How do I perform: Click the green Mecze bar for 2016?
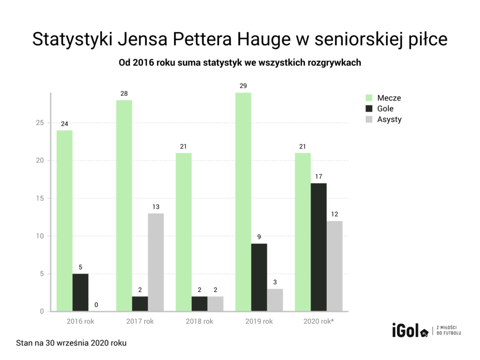pos(65,220)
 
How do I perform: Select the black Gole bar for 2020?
pos(319,247)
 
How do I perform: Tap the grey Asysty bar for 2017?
pos(156,262)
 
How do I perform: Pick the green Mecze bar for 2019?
pos(243,202)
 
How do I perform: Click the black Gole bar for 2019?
pos(259,277)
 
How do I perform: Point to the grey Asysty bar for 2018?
pos(216,303)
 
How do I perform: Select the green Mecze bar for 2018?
pos(184,232)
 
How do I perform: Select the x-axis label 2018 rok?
pos(199,322)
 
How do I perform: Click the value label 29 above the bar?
pos(243,86)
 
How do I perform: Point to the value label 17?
pos(319,176)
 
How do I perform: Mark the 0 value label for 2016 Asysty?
pos(96,305)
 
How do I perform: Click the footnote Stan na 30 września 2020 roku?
pos(71,343)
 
